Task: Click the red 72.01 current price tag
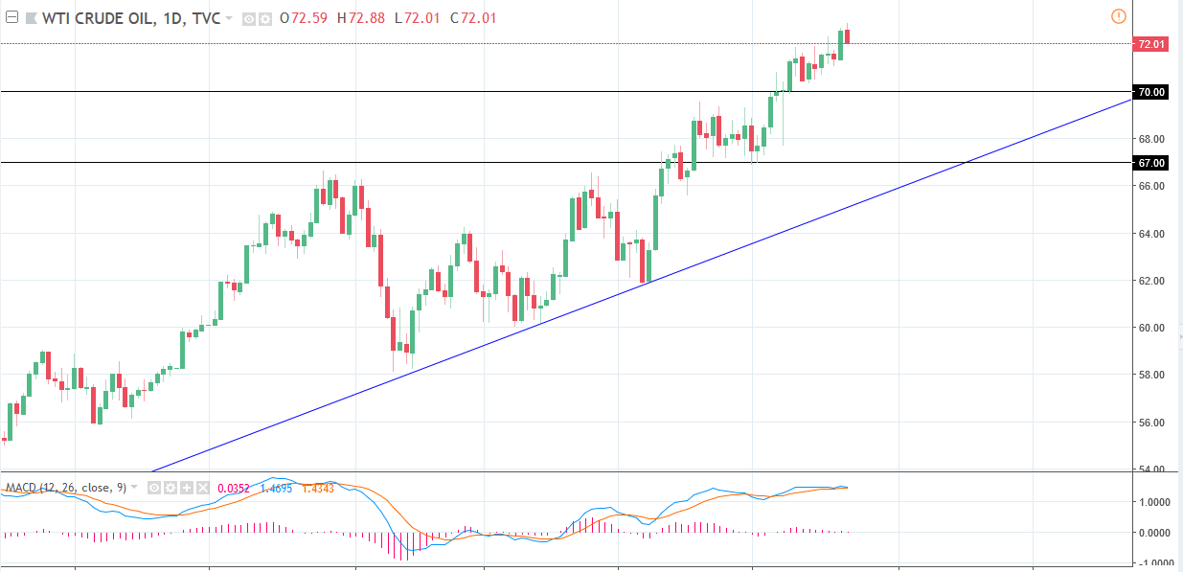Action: point(1149,44)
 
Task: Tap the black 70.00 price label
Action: point(1149,92)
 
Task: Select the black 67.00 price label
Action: point(1149,163)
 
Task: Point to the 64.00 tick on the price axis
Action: point(1150,234)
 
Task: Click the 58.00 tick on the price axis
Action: point(1150,375)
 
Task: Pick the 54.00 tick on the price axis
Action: point(1150,469)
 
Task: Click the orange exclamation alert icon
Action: point(1118,16)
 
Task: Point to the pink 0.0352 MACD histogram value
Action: point(233,488)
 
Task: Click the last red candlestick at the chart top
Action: point(848,36)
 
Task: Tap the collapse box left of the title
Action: point(12,17)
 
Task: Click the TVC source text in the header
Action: point(206,17)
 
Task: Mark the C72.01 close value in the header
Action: point(474,17)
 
